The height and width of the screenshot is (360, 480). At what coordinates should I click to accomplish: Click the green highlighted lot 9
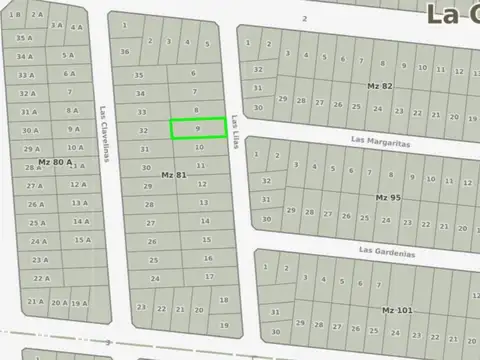point(197,128)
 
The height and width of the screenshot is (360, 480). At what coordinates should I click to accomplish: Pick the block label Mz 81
point(174,175)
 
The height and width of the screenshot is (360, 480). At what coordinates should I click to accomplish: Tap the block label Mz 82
point(380,87)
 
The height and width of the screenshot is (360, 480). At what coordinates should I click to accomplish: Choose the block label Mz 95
point(388,197)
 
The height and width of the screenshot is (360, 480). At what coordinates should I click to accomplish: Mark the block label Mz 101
point(397,310)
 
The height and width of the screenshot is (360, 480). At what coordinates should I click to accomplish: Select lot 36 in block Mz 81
point(125,51)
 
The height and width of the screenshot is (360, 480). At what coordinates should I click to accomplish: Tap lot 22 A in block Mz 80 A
point(41,278)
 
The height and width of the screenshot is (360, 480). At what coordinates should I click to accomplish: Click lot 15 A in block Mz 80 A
point(81,240)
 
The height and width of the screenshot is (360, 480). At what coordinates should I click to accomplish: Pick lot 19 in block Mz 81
point(223,325)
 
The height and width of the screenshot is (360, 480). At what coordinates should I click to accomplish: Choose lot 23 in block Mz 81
point(141,307)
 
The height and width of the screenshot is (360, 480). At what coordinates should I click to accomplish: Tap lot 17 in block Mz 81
point(209,276)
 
